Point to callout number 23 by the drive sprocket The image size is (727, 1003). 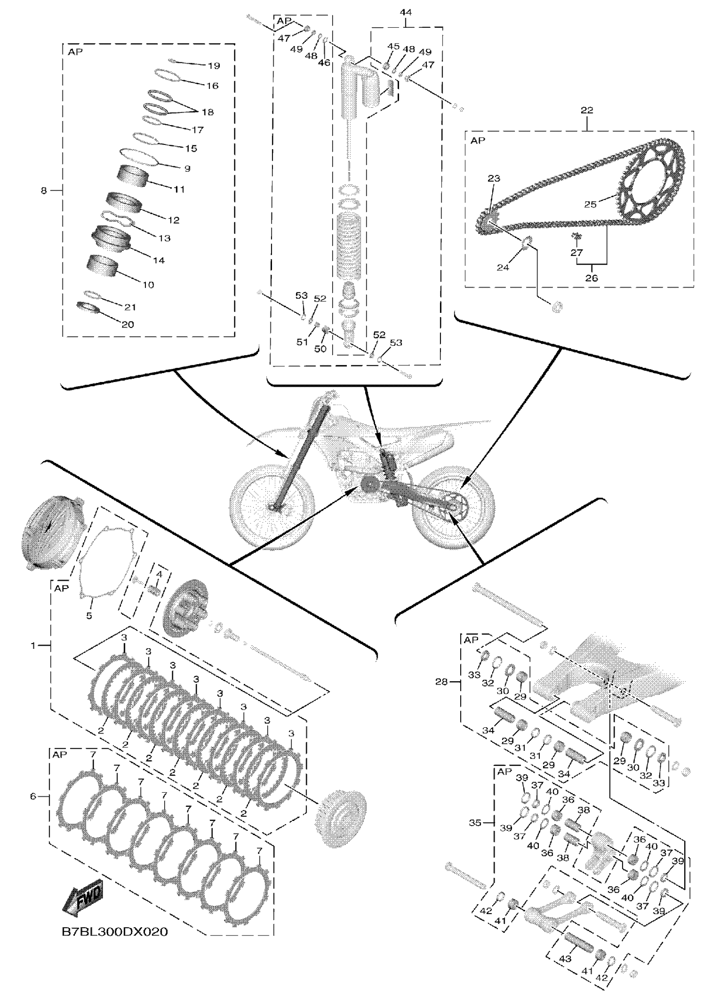(x=494, y=178)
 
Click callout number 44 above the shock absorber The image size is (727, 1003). (x=405, y=12)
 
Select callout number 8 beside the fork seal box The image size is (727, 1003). (x=43, y=191)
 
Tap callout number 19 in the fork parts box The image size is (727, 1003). (x=214, y=66)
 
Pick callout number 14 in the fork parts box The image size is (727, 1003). (x=158, y=261)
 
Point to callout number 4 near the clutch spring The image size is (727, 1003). (x=159, y=574)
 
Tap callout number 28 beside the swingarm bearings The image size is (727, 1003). (x=442, y=682)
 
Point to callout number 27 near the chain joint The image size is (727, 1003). (x=576, y=252)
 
